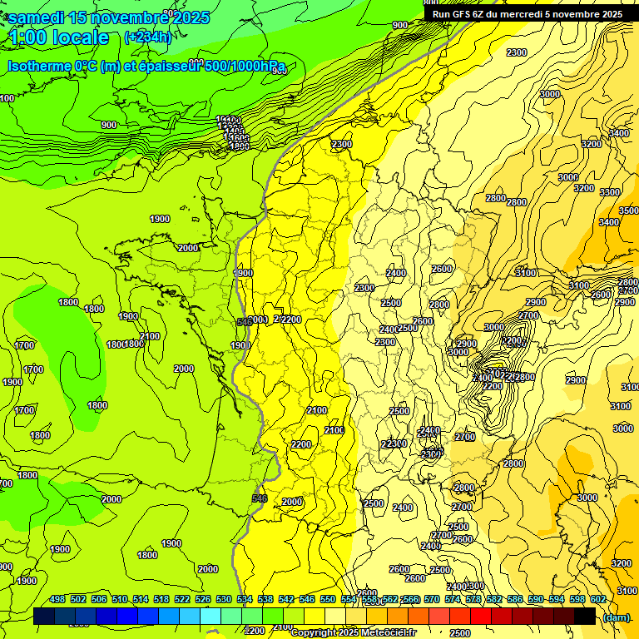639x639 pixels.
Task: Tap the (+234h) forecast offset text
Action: coord(147,37)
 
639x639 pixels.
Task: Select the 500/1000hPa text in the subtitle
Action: coord(245,66)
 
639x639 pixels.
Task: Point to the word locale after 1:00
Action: coord(80,37)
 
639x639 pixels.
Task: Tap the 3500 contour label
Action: coord(629,211)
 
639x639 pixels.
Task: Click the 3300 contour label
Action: coord(610,192)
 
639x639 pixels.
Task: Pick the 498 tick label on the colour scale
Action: coord(57,599)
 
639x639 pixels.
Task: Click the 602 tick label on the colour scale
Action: coord(598,599)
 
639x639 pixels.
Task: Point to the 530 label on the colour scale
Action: coord(224,599)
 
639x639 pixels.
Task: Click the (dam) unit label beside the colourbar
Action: coord(616,617)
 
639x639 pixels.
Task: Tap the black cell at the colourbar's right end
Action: coord(585,616)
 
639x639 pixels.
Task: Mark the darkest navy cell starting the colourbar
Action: coord(44,616)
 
